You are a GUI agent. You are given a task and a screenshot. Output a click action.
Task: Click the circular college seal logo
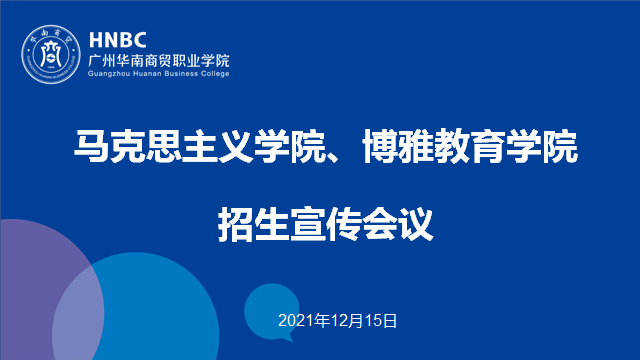click(51, 54)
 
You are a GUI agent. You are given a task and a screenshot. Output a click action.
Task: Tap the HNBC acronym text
click(118, 40)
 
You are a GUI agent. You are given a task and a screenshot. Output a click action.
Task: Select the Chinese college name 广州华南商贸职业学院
click(159, 61)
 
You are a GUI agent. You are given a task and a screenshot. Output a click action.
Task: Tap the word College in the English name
click(215, 74)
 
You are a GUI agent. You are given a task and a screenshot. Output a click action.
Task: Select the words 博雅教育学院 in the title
click(470, 146)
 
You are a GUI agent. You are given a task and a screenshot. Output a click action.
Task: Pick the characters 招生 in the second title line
click(253, 224)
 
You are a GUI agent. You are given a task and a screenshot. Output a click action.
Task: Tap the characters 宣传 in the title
click(325, 224)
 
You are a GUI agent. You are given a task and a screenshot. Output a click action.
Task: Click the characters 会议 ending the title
click(398, 224)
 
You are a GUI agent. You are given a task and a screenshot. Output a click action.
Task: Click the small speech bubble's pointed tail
click(288, 338)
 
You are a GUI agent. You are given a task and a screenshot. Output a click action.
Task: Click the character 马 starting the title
click(91, 146)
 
